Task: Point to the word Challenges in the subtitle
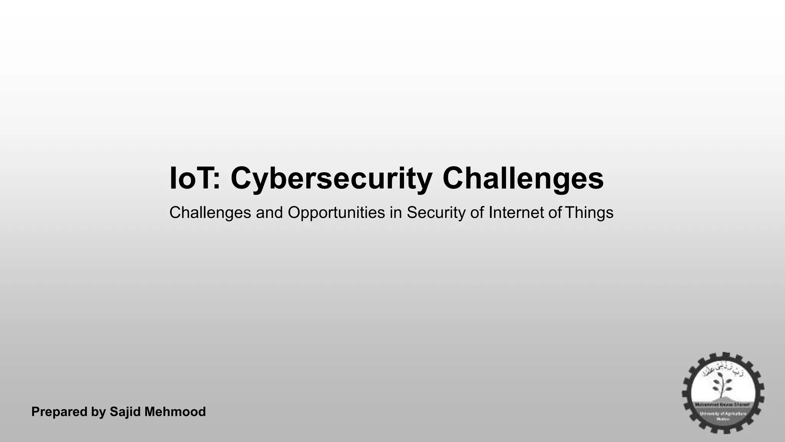click(210, 213)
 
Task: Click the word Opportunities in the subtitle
click(336, 213)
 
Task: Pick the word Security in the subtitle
click(436, 213)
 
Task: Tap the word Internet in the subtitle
click(516, 213)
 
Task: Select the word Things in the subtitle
click(589, 213)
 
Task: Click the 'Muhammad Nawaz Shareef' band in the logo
click(723, 405)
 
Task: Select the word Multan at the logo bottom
click(723, 419)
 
